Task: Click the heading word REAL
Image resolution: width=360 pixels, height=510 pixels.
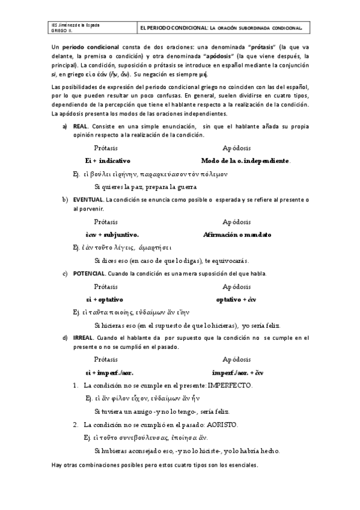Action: [x=81, y=127]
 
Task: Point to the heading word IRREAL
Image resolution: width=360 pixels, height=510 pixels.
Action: [x=82, y=338]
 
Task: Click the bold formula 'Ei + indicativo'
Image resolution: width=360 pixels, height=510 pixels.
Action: [x=108, y=161]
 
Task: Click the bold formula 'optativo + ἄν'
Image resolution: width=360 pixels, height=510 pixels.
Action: [x=237, y=299]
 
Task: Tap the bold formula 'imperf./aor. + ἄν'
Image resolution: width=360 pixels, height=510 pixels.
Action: [x=237, y=373]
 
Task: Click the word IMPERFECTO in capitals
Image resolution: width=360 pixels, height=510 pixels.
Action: [x=230, y=385]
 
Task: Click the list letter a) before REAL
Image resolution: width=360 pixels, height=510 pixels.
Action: [x=64, y=127]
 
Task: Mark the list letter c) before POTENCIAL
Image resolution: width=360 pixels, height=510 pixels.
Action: [x=64, y=274]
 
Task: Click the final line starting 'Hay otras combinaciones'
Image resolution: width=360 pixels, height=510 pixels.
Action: [x=154, y=465]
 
